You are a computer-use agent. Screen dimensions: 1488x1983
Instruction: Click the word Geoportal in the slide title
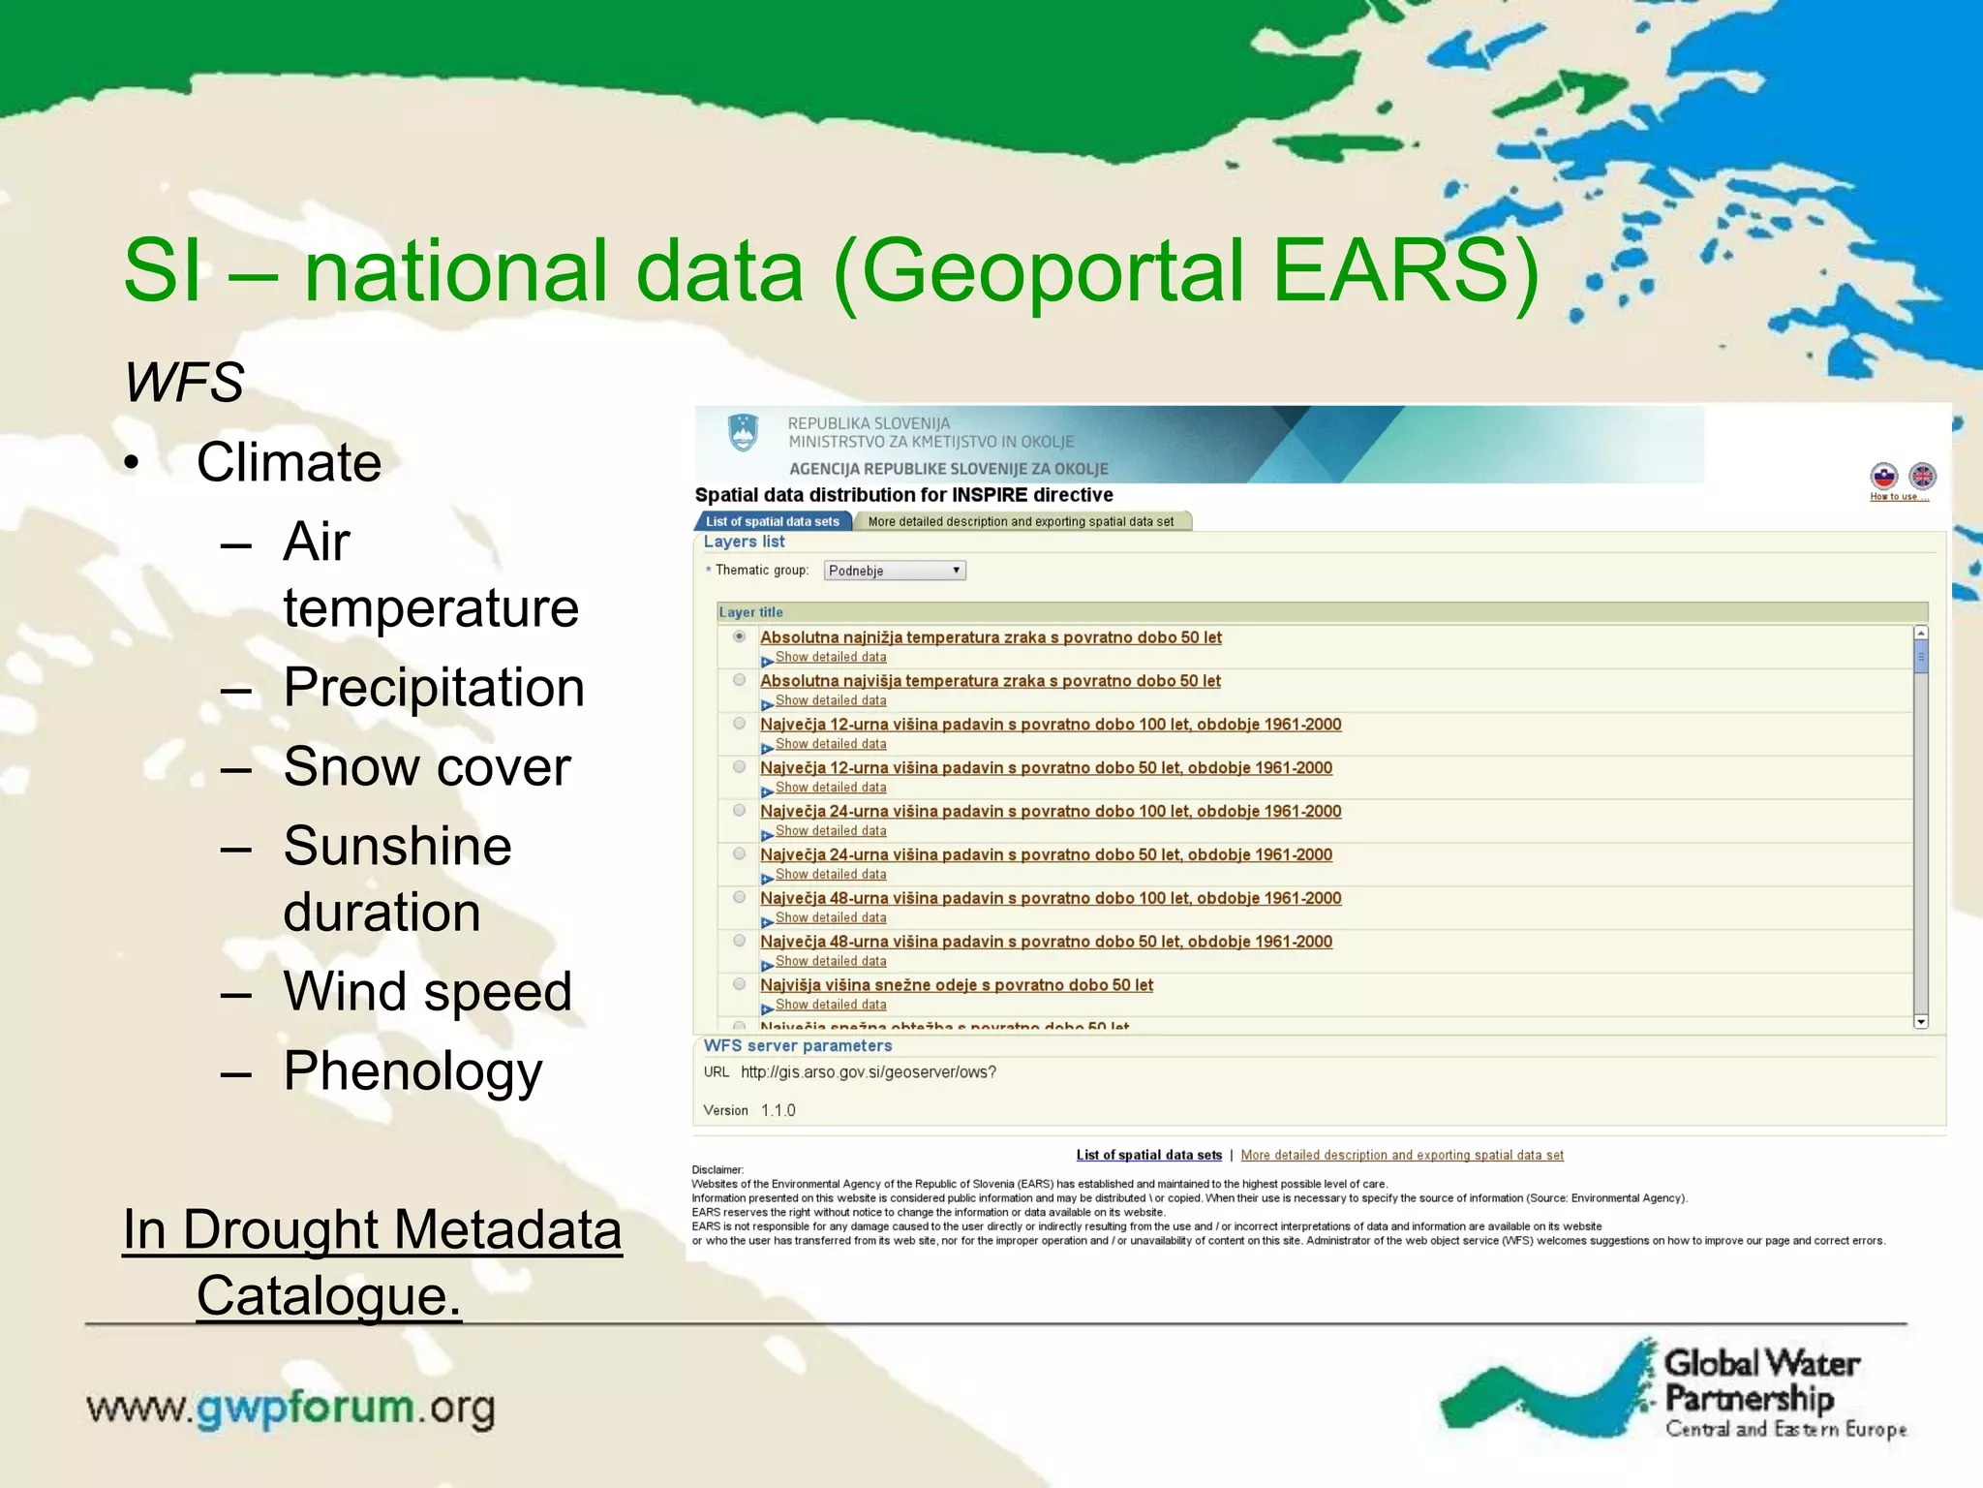coord(1051,271)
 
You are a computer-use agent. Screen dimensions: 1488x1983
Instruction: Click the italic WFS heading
coord(184,382)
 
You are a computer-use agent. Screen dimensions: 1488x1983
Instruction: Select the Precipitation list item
coord(433,688)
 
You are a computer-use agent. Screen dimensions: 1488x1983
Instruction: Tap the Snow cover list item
coord(426,767)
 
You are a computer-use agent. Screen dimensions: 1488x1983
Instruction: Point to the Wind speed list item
coord(427,992)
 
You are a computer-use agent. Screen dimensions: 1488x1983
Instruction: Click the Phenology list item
coord(412,1071)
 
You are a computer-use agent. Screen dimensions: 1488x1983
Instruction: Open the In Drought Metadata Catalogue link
coord(372,1230)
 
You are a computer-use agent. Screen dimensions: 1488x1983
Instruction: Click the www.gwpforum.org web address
coord(290,1408)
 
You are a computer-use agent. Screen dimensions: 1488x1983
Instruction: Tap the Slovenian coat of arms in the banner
coord(743,432)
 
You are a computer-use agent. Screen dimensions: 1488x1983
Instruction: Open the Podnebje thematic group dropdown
coord(894,571)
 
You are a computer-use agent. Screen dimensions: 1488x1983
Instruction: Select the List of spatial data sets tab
coord(773,521)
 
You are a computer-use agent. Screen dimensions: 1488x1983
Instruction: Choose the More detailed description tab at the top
coord(1021,521)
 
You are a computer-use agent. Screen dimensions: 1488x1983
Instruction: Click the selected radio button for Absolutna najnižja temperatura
coord(740,636)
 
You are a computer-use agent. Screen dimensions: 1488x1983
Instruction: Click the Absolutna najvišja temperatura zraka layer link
coord(990,681)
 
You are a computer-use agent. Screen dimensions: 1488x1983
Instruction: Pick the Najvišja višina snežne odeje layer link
coord(956,985)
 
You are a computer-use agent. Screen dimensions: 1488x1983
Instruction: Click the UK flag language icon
coord(1922,476)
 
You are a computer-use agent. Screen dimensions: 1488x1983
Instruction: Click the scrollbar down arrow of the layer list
coord(1921,1022)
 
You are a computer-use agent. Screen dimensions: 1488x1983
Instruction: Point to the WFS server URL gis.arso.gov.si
coord(868,1072)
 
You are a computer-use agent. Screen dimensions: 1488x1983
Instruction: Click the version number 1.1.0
coord(778,1110)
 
